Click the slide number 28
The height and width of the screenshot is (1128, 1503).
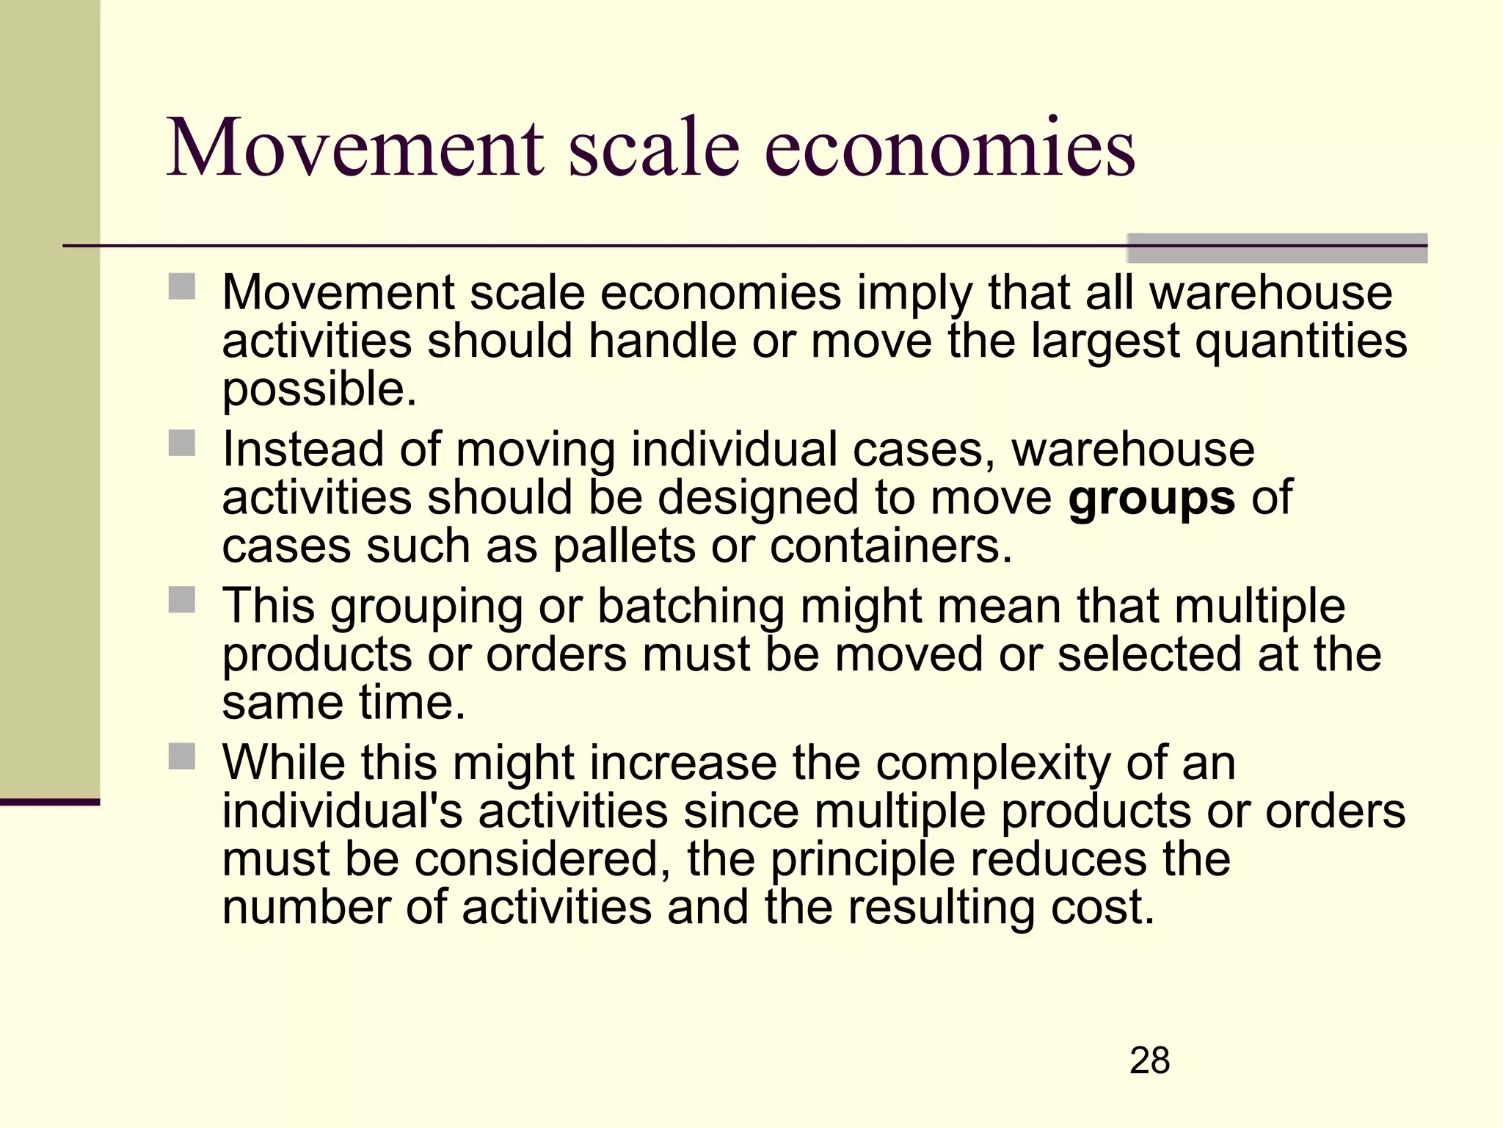1149,1060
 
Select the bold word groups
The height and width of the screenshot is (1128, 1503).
1151,499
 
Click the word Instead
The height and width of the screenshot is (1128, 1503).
303,449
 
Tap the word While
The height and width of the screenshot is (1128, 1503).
283,763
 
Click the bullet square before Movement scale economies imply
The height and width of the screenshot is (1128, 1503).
182,286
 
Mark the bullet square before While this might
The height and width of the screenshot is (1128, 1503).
182,756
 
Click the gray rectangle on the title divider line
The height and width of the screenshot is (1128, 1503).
1277,248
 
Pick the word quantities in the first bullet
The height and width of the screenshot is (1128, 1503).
1301,341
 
